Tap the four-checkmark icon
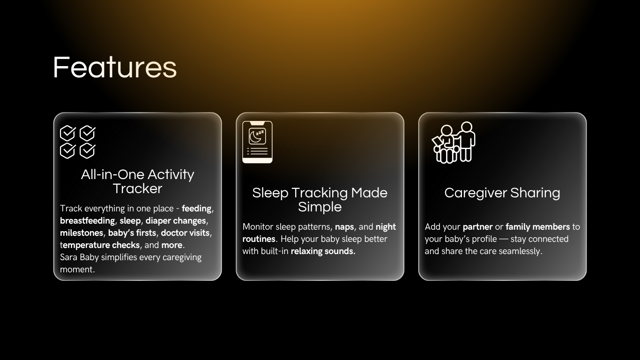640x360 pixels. click(x=78, y=142)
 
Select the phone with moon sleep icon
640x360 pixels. click(x=257, y=142)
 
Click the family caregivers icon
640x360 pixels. click(x=454, y=142)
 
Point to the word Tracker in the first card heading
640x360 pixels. click(x=137, y=188)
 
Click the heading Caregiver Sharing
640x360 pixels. click(x=502, y=193)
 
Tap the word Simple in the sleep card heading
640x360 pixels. click(x=320, y=207)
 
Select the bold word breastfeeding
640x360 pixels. click(x=88, y=221)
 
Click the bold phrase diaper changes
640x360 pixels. click(x=176, y=221)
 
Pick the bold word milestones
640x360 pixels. click(x=82, y=233)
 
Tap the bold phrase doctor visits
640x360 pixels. click(x=185, y=233)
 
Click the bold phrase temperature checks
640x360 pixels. click(x=100, y=245)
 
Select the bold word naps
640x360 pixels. click(x=344, y=227)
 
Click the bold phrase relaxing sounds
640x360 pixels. click(x=323, y=251)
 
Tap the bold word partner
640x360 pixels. click(x=478, y=227)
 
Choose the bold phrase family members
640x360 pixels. click(x=538, y=227)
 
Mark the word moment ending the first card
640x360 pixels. click(x=76, y=270)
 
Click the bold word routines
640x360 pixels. click(x=259, y=239)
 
